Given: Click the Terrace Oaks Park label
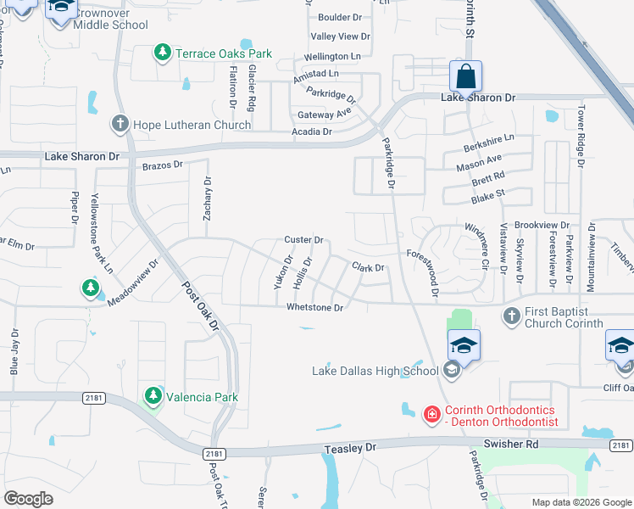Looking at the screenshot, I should [x=224, y=53].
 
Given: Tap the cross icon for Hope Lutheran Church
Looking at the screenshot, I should [x=120, y=124].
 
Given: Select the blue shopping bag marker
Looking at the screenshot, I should [x=465, y=77].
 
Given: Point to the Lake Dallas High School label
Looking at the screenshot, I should [x=375, y=370].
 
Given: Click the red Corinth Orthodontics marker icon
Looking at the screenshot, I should [x=431, y=413].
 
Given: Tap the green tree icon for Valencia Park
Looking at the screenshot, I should [x=153, y=396].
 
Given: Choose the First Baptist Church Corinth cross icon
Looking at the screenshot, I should [x=510, y=316].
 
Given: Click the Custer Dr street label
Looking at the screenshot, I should [x=304, y=240].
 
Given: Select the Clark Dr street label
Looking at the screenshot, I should [x=368, y=267].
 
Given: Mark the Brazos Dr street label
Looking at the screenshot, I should [x=163, y=165].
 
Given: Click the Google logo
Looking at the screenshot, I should [x=29, y=499].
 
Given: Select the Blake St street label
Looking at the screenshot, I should [x=487, y=197].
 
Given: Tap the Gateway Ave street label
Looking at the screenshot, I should [x=324, y=114].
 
